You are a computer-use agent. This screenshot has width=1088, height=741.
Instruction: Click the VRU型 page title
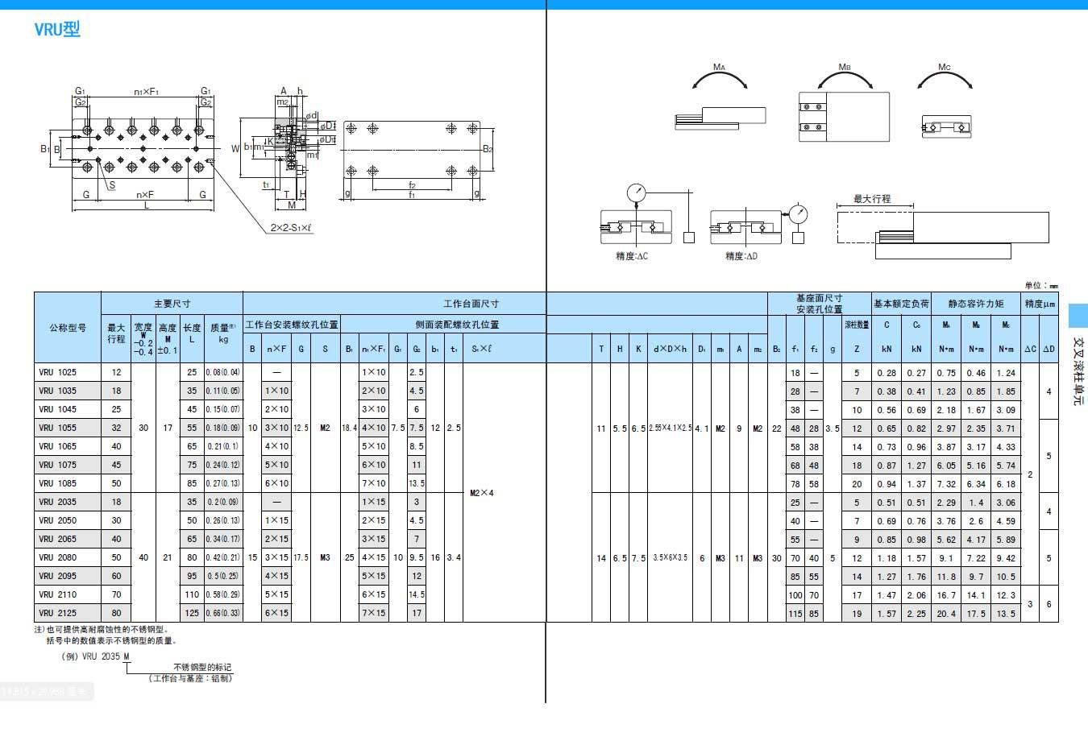click(56, 30)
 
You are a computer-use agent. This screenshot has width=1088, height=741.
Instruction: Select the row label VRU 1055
click(58, 428)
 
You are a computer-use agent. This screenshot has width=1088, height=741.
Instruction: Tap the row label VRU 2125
click(58, 613)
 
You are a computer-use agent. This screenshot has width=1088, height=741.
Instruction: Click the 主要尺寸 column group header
click(172, 304)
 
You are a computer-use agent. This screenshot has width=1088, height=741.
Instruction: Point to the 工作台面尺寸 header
click(471, 304)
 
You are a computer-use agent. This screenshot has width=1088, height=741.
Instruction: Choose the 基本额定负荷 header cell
click(901, 304)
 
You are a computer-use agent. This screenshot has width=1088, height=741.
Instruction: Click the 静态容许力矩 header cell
click(976, 304)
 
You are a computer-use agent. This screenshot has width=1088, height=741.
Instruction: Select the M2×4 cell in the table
click(481, 493)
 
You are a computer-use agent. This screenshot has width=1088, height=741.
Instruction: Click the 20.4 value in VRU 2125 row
click(946, 614)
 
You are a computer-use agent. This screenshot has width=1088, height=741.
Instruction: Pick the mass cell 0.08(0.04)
click(222, 373)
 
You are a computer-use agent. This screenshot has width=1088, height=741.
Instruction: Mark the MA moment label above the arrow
click(719, 68)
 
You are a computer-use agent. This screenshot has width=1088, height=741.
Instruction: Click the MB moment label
click(845, 68)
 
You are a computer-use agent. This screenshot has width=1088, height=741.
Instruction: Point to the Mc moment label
click(945, 68)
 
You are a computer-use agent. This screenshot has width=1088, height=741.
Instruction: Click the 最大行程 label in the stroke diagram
click(872, 198)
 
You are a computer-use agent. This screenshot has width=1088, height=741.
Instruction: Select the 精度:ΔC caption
click(632, 256)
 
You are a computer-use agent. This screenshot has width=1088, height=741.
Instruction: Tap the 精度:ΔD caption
click(741, 256)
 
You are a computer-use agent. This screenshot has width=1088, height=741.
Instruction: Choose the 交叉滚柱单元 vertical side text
click(1078, 370)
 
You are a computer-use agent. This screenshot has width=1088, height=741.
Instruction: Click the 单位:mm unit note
click(1041, 285)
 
